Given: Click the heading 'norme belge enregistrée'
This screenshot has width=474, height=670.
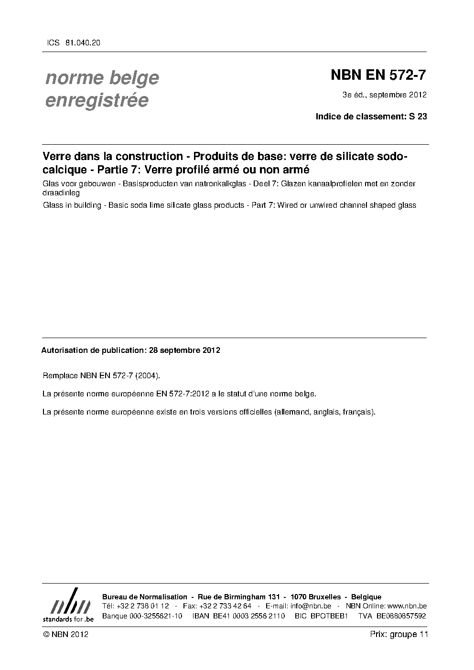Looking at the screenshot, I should (102, 89).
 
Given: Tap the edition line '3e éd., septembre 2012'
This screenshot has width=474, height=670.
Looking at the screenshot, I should (384, 95).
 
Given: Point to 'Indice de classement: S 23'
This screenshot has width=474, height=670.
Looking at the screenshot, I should (371, 116).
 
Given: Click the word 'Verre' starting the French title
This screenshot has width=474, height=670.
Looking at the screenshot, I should (55, 157).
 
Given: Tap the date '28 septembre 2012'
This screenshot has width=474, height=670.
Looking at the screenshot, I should (184, 350).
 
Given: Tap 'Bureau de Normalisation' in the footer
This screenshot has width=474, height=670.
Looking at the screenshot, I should (145, 597).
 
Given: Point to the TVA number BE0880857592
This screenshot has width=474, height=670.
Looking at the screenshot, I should (401, 616).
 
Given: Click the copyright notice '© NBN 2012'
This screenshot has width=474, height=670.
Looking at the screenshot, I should (65, 634).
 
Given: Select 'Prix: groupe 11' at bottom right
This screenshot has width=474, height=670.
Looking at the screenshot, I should (399, 634).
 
